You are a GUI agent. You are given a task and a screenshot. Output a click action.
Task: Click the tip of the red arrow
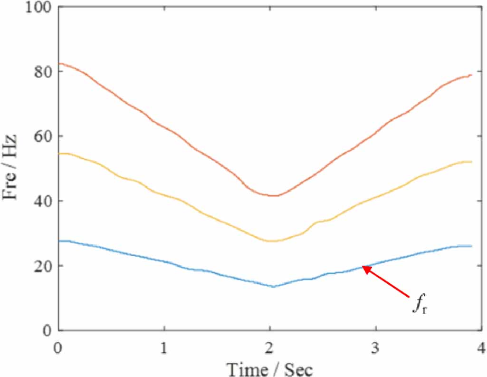tap(363, 267)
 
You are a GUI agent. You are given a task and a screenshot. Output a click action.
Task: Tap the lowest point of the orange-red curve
tap(274, 195)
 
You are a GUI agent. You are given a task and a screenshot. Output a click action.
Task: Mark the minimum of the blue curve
tap(273, 287)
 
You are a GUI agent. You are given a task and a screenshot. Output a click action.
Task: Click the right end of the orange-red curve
tap(471, 75)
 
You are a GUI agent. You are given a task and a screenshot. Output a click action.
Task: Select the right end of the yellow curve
tap(471, 162)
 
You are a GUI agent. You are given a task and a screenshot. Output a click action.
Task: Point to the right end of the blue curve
tap(471, 246)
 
